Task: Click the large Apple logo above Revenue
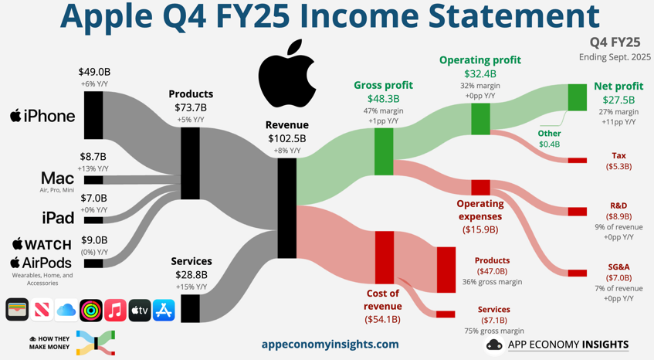click(x=287, y=75)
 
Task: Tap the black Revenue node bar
click(x=286, y=208)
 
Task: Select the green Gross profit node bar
click(x=384, y=151)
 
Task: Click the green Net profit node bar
click(x=577, y=97)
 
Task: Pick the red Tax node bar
click(x=577, y=161)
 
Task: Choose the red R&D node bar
click(x=577, y=211)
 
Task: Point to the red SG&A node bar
click(x=577, y=273)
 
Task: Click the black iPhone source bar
click(x=93, y=115)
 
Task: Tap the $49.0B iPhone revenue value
click(x=94, y=73)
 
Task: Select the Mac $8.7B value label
click(x=93, y=157)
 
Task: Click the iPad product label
click(x=58, y=218)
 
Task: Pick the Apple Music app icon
click(x=115, y=311)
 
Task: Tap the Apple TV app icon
click(x=140, y=311)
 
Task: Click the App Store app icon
click(x=164, y=311)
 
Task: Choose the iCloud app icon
click(x=66, y=311)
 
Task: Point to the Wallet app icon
click(x=17, y=311)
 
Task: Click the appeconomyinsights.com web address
click(x=330, y=345)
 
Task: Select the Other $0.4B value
click(x=549, y=144)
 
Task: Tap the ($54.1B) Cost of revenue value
click(x=382, y=319)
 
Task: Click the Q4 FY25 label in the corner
click(x=615, y=42)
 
